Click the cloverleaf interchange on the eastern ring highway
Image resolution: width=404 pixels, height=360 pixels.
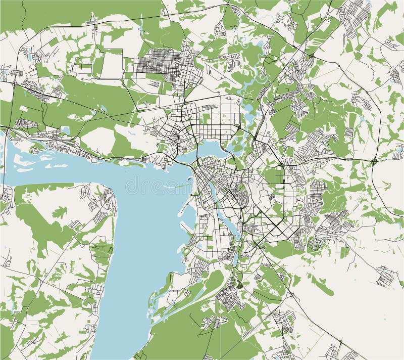(x=374, y=161)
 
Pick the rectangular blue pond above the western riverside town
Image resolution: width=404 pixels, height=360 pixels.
(x=65, y=131)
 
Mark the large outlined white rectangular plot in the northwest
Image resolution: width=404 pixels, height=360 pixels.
(x=113, y=63)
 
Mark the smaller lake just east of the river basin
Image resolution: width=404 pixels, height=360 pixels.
(x=235, y=147)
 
